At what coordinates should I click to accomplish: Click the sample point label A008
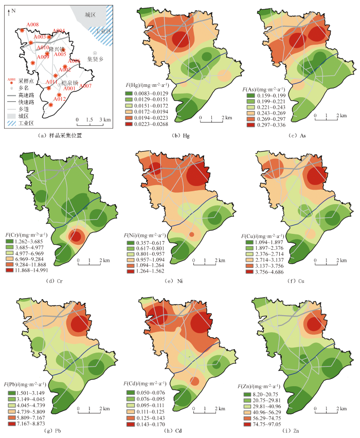pyautogui.click(x=33, y=25)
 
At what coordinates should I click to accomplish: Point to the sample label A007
pyautogui.click(x=85, y=85)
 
